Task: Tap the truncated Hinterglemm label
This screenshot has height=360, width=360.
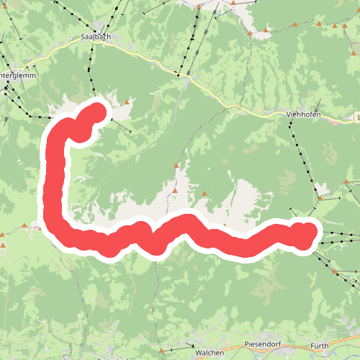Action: (14, 75)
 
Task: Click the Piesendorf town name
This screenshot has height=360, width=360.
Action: (261, 344)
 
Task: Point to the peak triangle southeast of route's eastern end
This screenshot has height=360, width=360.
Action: (334, 271)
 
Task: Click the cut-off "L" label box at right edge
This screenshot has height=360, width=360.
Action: (357, 116)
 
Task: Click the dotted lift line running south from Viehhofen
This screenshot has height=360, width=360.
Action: (302, 155)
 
